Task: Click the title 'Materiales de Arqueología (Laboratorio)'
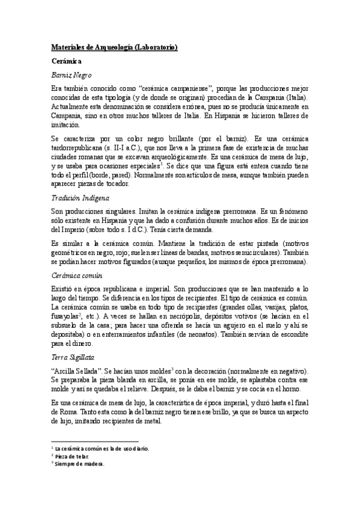(x=114, y=47)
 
